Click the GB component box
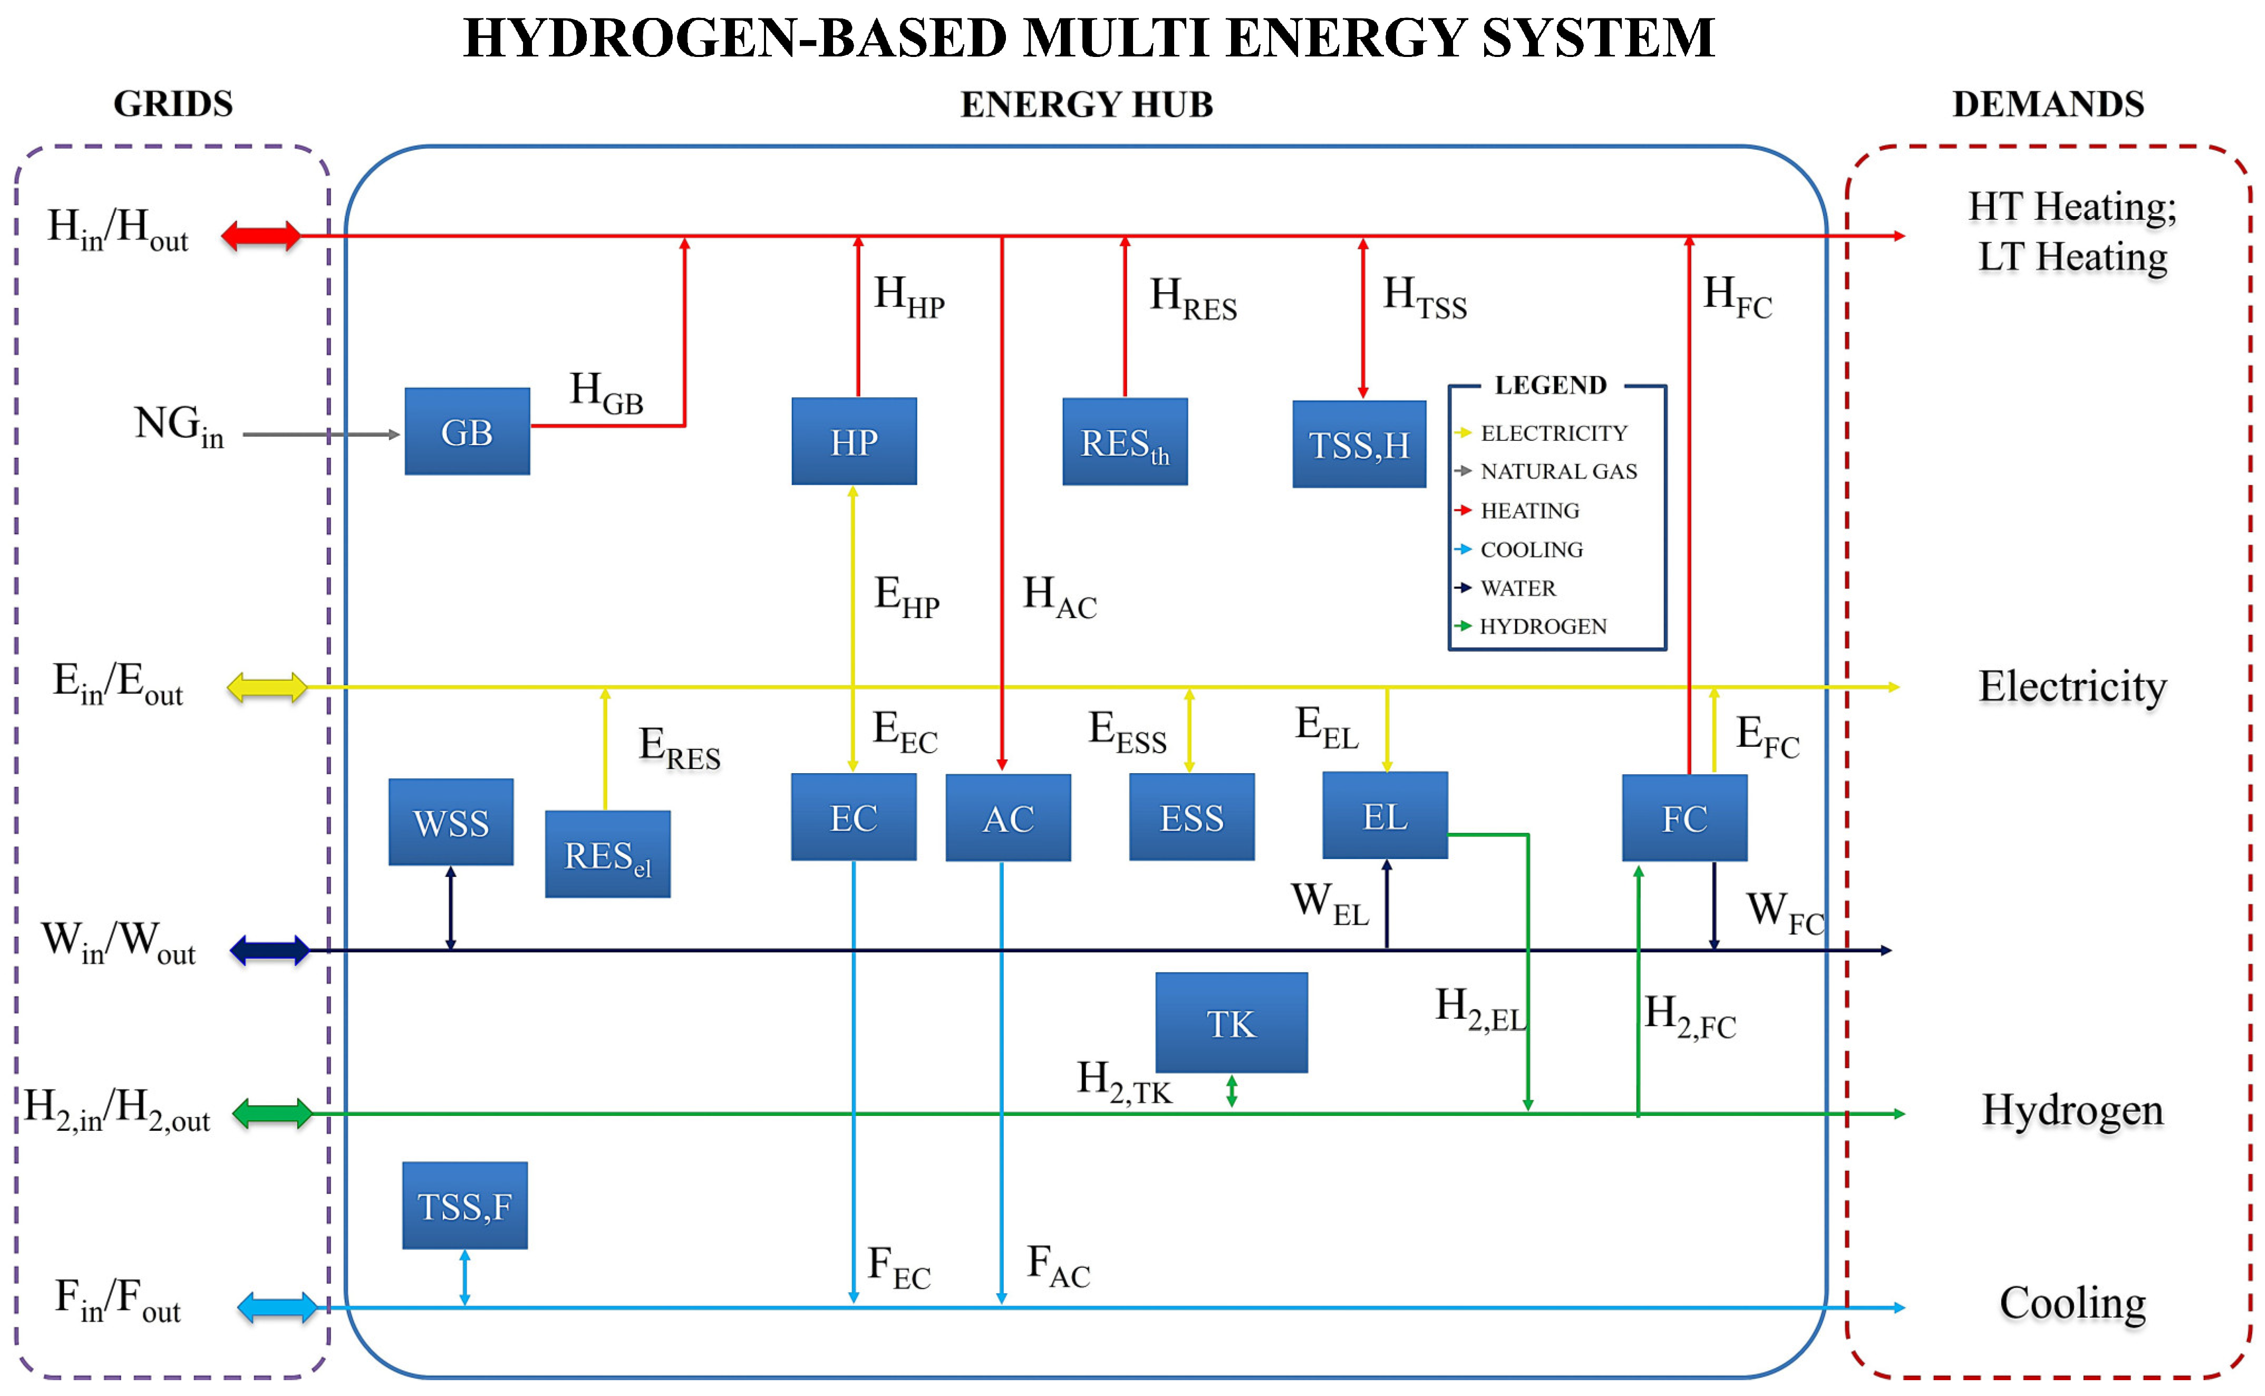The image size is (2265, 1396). [x=467, y=432]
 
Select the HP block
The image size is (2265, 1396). [x=854, y=441]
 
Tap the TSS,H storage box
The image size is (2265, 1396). [x=1359, y=444]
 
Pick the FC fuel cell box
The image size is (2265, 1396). [x=1685, y=818]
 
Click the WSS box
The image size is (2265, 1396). [x=450, y=822]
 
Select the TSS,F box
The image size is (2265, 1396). [x=464, y=1206]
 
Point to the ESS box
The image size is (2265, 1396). [x=1192, y=817]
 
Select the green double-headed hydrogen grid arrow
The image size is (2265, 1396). [x=272, y=1113]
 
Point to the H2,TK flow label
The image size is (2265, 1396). [x=1123, y=1082]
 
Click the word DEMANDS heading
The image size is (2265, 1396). [x=2047, y=104]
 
